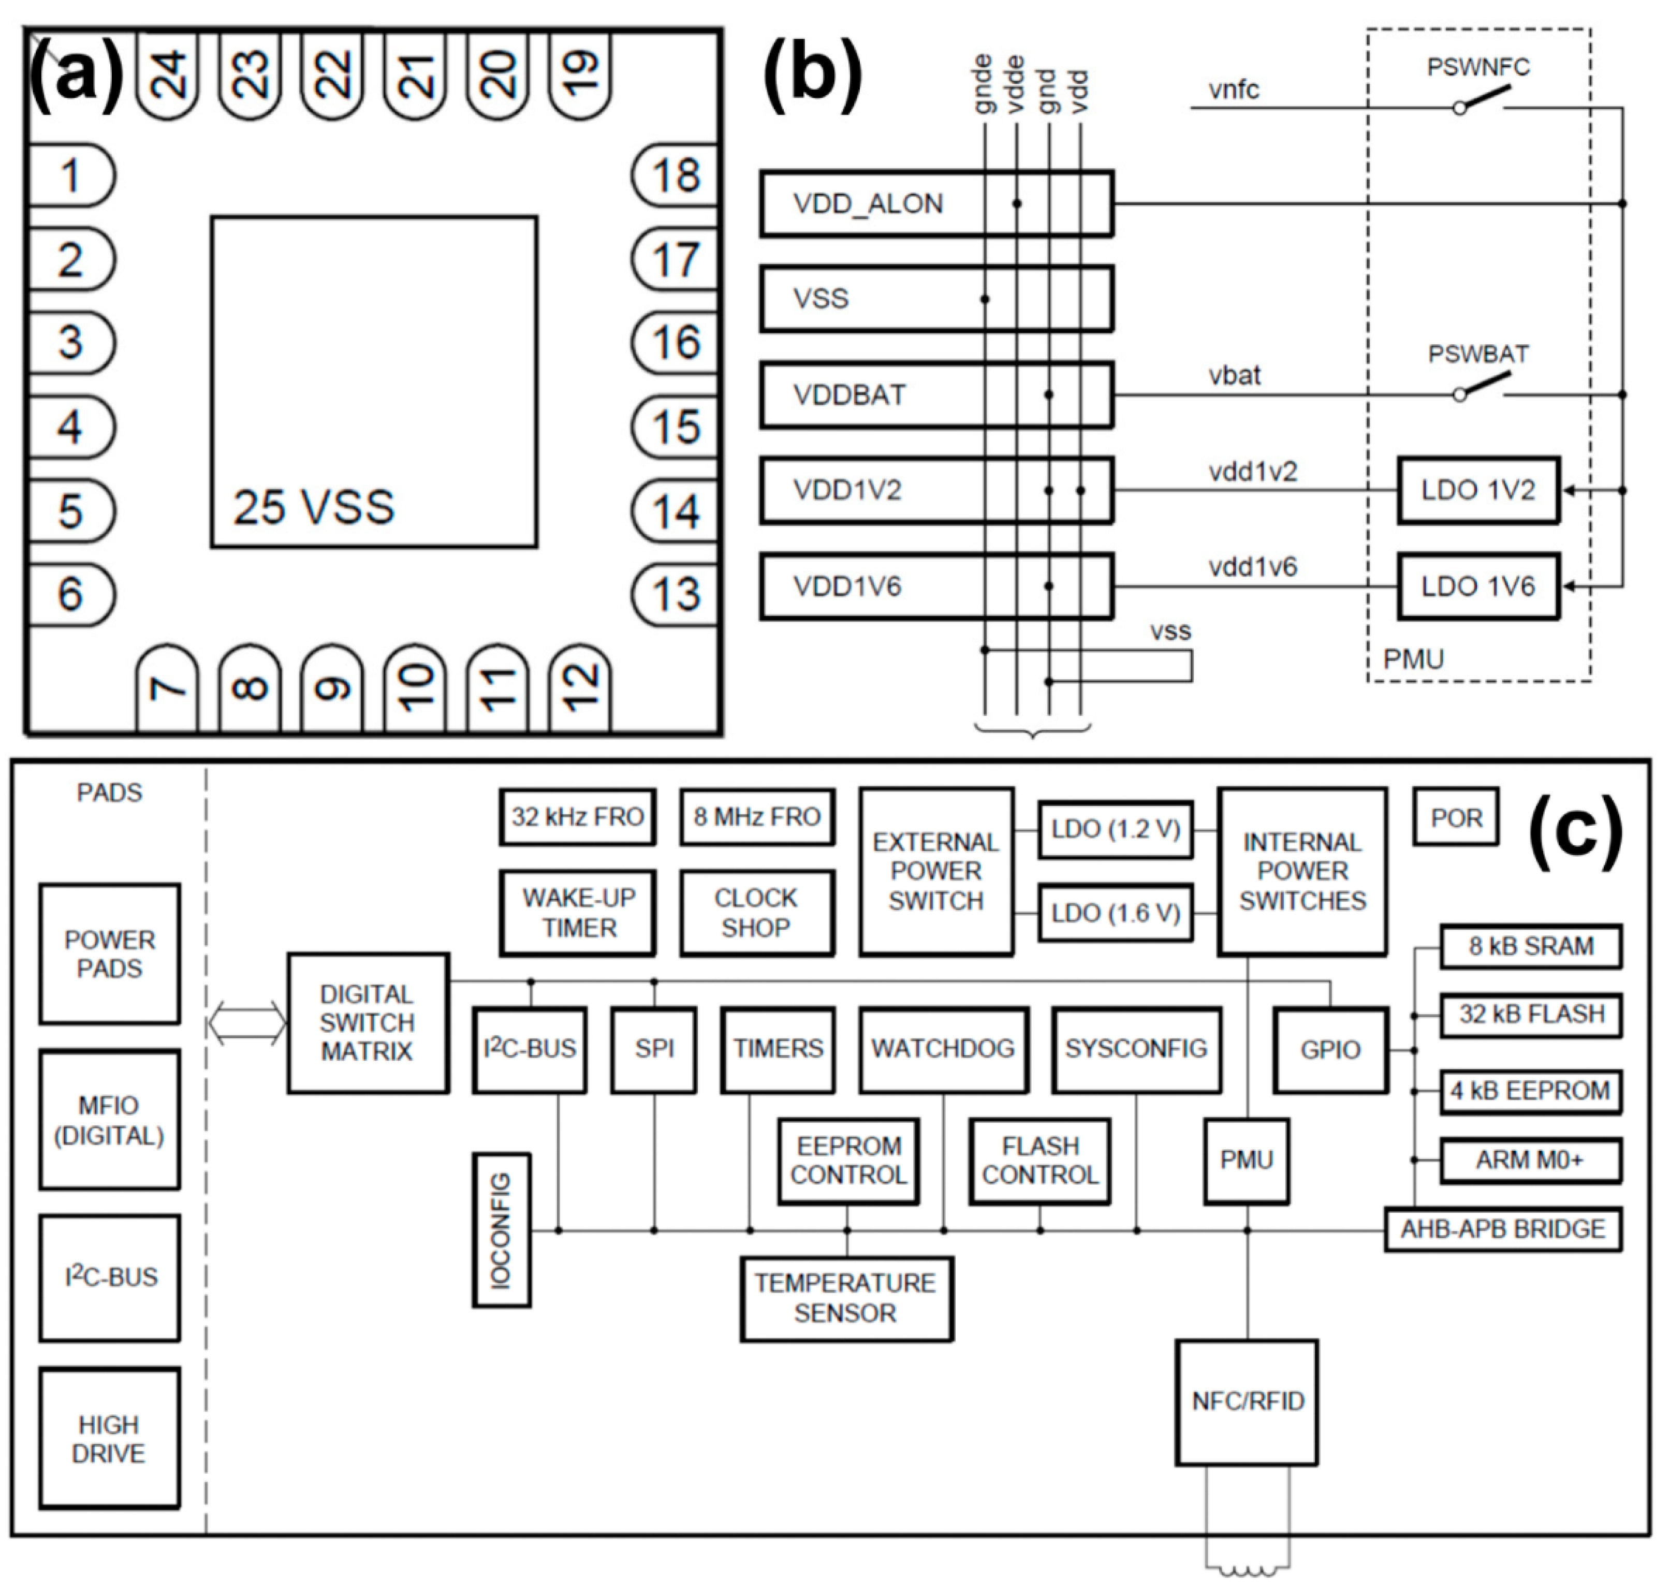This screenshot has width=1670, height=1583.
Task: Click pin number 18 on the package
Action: click(675, 175)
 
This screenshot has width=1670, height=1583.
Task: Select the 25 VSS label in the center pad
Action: click(314, 507)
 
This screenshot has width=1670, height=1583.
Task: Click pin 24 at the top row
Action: click(167, 74)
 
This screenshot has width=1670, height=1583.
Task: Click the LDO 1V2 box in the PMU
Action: click(1477, 490)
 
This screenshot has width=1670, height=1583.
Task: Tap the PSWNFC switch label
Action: click(1477, 67)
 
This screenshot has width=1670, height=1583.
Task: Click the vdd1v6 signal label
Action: click(1252, 567)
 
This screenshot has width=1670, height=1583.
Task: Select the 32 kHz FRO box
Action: click(577, 817)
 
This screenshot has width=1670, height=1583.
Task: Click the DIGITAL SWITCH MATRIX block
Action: click(367, 1023)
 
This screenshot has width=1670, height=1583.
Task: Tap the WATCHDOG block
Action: click(943, 1049)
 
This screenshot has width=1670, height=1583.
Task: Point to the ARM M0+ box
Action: click(1529, 1160)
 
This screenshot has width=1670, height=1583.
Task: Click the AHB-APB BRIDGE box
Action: click(1502, 1228)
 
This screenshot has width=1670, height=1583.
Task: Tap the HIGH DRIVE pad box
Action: click(109, 1439)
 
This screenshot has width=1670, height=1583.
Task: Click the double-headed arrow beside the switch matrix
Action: click(246, 1023)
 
